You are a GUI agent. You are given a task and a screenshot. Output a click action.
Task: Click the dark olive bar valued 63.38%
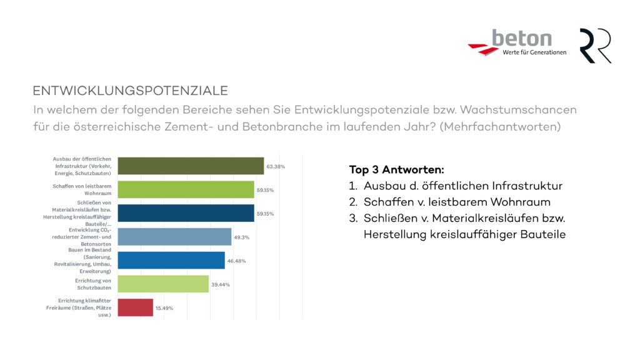point(191,166)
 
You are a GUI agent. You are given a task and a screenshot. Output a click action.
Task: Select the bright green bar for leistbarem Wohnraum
point(186,189)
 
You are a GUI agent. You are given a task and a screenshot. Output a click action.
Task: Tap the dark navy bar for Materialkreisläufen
point(186,213)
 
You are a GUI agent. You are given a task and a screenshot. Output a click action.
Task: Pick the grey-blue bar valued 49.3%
point(174,237)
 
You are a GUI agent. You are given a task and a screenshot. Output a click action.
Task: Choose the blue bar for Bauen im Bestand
point(171,260)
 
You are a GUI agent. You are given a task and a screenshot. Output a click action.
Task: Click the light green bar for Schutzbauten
point(163,284)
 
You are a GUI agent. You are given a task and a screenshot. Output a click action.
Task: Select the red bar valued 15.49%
point(136,307)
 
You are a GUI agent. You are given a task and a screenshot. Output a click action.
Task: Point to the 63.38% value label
point(276,167)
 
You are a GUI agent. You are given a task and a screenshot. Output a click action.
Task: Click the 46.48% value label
point(236,261)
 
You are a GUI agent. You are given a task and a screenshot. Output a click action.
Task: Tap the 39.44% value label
point(221,284)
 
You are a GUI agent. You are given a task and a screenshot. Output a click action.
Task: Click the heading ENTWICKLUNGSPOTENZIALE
point(130,90)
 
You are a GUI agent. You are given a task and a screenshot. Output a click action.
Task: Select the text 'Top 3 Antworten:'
point(396,169)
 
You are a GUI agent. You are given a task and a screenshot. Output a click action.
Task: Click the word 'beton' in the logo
point(521,39)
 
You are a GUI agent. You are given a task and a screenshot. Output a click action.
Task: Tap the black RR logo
point(595,46)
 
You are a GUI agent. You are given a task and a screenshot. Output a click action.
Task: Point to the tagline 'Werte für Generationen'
point(534,52)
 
